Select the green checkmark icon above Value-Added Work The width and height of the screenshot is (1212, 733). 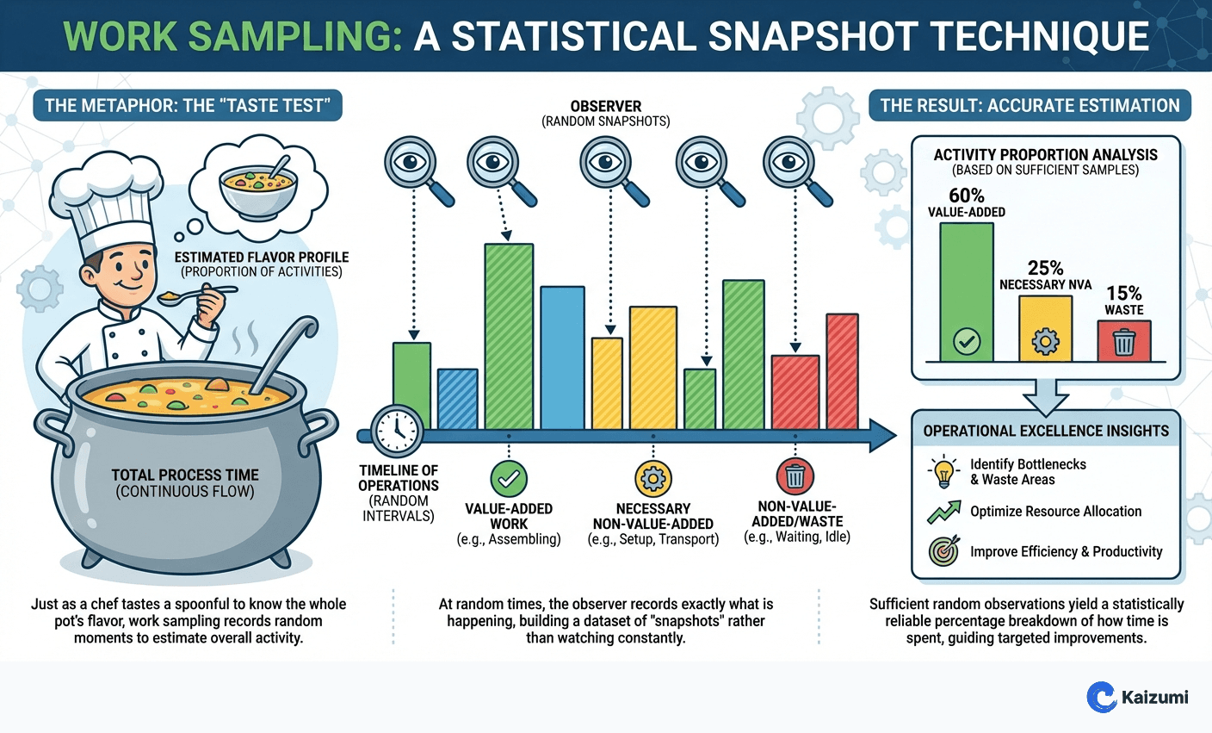point(509,478)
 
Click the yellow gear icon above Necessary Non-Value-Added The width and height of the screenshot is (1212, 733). point(652,478)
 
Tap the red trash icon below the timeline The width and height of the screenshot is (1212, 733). point(795,476)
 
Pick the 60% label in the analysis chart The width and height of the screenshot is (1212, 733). point(966,196)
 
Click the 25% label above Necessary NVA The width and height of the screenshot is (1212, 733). point(1045,268)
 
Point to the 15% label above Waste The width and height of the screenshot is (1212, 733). point(1124,293)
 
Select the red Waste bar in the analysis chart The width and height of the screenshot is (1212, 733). point(1124,341)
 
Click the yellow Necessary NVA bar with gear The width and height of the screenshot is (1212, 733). point(1045,329)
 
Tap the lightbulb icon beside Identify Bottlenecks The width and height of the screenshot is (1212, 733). point(944,471)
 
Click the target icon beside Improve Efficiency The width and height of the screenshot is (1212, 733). point(944,551)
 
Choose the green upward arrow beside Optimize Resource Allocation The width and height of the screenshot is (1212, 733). point(944,512)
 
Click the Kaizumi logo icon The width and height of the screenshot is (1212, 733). point(1101,697)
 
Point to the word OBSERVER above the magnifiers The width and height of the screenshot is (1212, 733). point(606,106)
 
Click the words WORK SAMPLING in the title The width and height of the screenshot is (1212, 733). point(232,36)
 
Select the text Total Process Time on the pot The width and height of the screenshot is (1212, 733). point(185,475)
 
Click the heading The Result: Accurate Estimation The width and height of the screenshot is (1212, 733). point(1030,106)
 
